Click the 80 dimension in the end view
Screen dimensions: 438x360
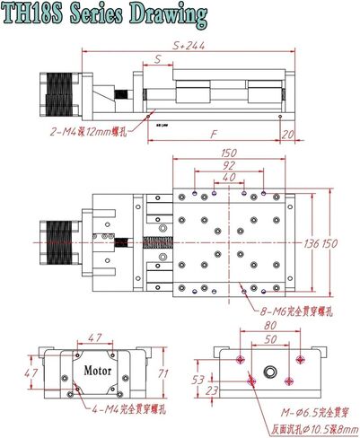pyautogui.click(x=269, y=328)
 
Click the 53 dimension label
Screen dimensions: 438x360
pyautogui.click(x=200, y=380)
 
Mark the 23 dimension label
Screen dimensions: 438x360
pyautogui.click(x=200, y=390)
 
